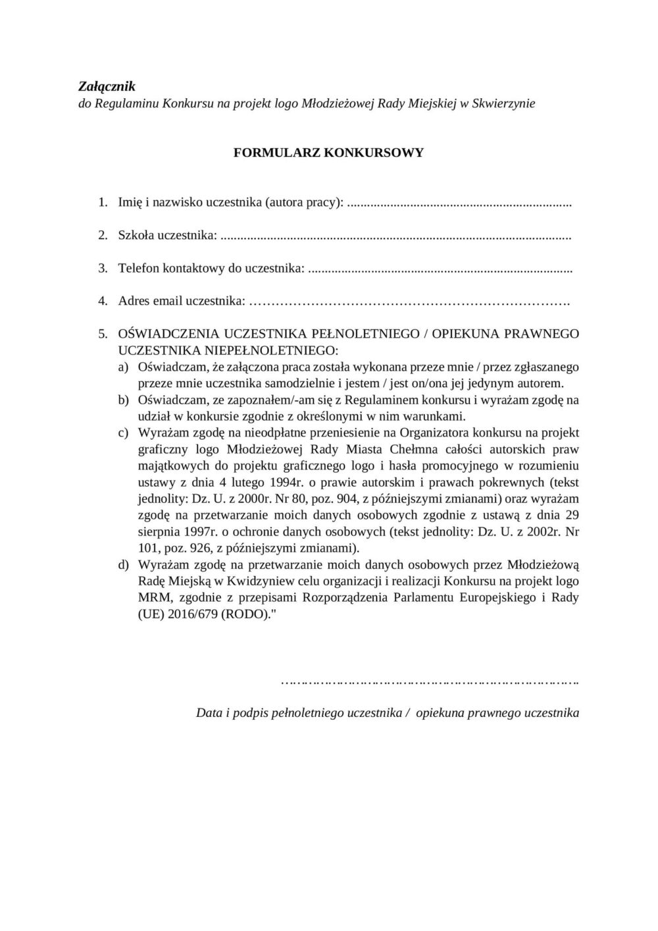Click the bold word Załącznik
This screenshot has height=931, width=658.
coord(107,86)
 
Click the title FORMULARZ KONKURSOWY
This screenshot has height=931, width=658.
coord(328,153)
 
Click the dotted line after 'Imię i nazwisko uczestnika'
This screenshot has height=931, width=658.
coord(459,203)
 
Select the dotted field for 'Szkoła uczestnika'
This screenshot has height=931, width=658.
coord(395,235)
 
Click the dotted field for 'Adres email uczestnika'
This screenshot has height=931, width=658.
coord(411,302)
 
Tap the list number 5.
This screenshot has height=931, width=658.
coord(103,334)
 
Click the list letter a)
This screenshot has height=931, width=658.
coord(123,367)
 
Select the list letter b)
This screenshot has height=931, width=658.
coord(123,400)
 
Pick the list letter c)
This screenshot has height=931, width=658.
coord(123,433)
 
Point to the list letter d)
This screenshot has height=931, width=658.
coord(123,564)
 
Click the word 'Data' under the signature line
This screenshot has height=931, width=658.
coord(209,713)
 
